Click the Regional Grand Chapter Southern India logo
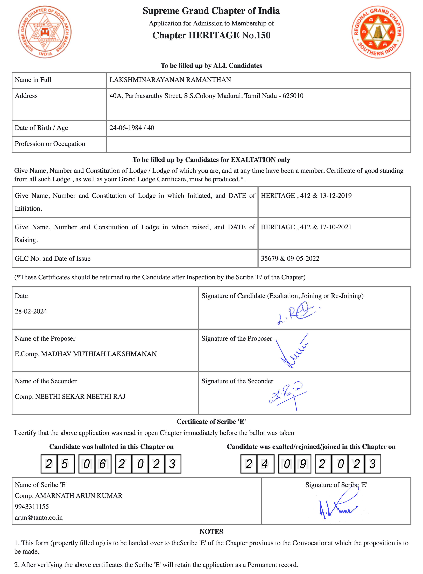[x=378, y=32]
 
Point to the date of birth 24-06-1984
[x=125, y=128]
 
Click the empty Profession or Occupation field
[x=259, y=144]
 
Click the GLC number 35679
[x=269, y=258]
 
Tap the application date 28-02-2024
[x=31, y=311]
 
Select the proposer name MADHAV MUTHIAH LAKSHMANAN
[x=99, y=354]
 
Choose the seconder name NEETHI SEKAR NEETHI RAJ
[x=80, y=397]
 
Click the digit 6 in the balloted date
[x=103, y=464]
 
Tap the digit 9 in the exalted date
[x=303, y=464]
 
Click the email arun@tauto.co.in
[x=39, y=517]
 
